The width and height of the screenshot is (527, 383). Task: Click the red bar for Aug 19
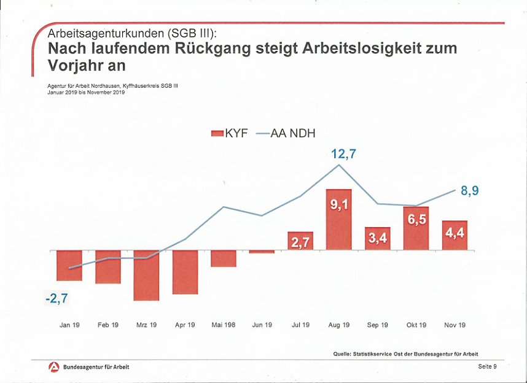pyautogui.click(x=338, y=219)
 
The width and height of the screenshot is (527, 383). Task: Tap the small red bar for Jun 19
pyautogui.click(x=262, y=252)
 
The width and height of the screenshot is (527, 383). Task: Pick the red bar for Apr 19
pyautogui.click(x=185, y=271)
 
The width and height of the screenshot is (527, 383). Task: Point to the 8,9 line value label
pyautogui.click(x=469, y=191)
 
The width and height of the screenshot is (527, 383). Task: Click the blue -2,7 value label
pyautogui.click(x=56, y=300)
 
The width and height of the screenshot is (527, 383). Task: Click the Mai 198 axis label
pyautogui.click(x=223, y=325)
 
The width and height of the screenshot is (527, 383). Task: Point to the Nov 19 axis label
pyautogui.click(x=455, y=325)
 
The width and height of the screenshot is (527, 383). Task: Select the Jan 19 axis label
pyautogui.click(x=69, y=325)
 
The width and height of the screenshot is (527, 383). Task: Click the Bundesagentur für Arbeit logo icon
pyautogui.click(x=53, y=366)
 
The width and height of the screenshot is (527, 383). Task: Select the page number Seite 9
pyautogui.click(x=487, y=366)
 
